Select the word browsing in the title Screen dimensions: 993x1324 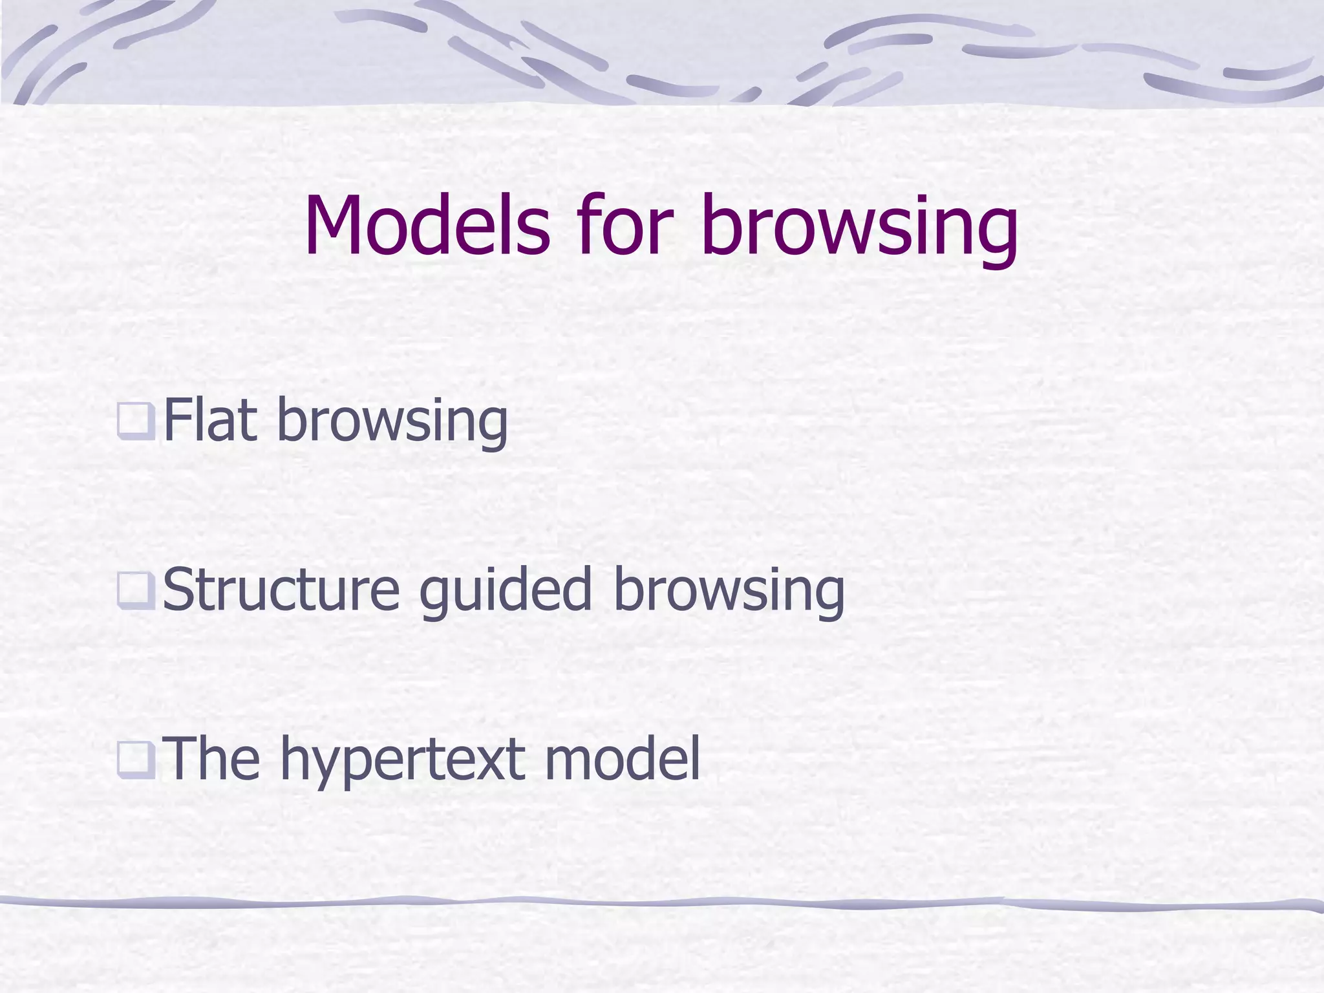point(860,230)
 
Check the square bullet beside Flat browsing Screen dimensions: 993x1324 point(136,421)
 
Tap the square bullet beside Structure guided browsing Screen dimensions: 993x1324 point(136,590)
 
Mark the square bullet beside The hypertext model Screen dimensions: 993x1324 point(136,759)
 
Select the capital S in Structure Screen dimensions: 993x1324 point(178,590)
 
